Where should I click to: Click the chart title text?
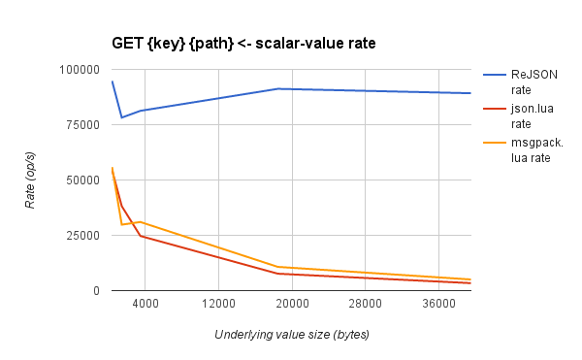243,43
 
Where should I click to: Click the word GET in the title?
129,43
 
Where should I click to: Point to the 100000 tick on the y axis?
80,70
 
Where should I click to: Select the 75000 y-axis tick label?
82,125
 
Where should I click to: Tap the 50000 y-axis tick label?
82,180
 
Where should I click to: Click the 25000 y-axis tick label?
82,236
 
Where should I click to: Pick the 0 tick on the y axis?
96,291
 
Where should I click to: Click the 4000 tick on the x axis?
145,305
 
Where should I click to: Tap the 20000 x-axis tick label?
291,305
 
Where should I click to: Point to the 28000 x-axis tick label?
365,305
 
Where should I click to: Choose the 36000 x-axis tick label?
438,305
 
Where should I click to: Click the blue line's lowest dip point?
121,117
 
